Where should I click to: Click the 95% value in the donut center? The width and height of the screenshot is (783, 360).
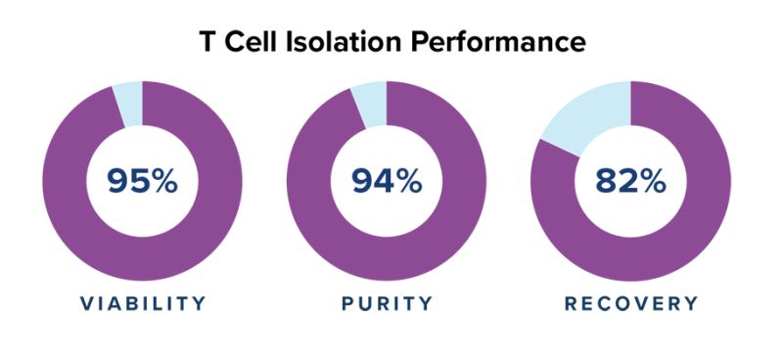[142, 181]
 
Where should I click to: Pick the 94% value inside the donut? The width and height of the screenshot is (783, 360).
[387, 181]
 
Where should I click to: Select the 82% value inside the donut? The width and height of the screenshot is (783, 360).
[631, 181]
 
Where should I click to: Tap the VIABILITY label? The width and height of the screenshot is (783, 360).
[143, 303]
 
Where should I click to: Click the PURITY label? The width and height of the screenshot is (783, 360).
[387, 303]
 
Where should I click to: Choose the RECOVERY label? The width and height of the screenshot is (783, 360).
[631, 303]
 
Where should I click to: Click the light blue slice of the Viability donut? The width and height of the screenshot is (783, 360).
[128, 104]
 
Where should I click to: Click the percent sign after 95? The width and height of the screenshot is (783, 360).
[164, 181]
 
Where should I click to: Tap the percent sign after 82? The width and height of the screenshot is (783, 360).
[653, 181]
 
